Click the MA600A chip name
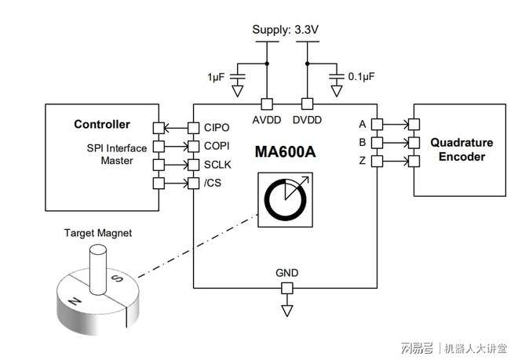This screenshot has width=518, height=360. [x=285, y=151]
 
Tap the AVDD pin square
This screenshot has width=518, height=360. [x=267, y=103]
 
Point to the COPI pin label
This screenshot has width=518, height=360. [x=217, y=146]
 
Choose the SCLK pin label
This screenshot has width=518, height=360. [x=217, y=165]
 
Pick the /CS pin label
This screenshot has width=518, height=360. [x=212, y=184]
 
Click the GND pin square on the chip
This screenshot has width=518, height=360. [x=286, y=288]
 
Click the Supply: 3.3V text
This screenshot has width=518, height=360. [x=286, y=31]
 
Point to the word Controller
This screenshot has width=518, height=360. [x=101, y=125]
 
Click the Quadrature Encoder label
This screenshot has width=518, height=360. [x=461, y=150]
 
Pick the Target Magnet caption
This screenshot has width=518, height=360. [x=98, y=233]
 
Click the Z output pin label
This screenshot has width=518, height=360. [x=363, y=162]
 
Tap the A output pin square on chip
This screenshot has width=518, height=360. [x=377, y=124]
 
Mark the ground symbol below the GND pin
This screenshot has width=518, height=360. [x=286, y=311]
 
